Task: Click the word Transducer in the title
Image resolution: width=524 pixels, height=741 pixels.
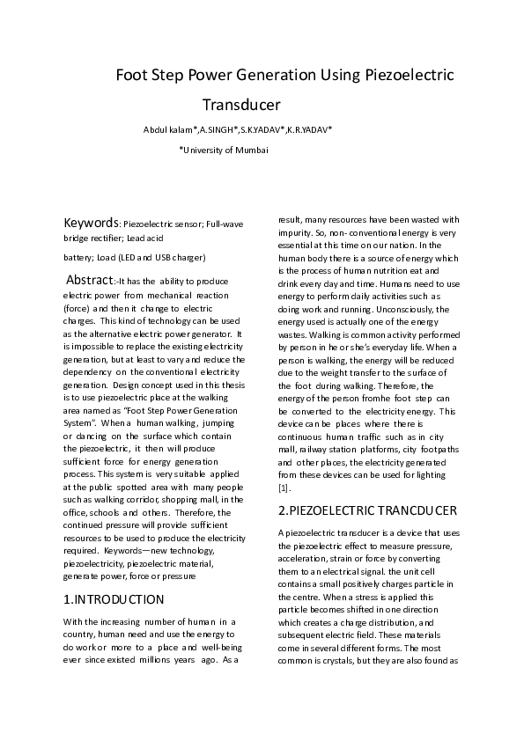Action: click(x=241, y=106)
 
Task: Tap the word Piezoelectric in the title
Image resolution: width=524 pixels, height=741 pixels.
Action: click(x=409, y=76)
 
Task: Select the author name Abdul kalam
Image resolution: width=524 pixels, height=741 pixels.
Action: click(x=168, y=130)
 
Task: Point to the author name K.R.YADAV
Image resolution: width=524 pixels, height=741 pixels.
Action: click(x=309, y=130)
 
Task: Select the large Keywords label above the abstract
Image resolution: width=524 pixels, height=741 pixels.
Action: click(x=92, y=224)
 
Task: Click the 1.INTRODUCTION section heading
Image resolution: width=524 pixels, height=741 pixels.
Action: click(x=114, y=599)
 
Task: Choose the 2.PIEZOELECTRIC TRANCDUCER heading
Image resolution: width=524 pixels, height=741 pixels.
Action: click(x=368, y=510)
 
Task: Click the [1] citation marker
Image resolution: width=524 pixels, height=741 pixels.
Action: click(x=284, y=488)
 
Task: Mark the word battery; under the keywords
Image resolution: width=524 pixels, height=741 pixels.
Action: click(x=81, y=258)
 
